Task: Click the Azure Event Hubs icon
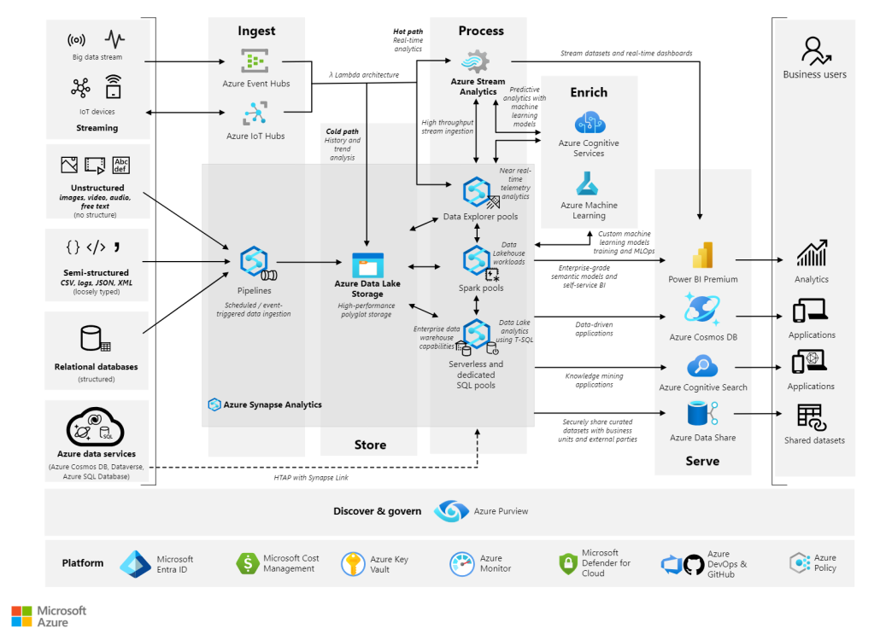(x=255, y=61)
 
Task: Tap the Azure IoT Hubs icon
(x=255, y=113)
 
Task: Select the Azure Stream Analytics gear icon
(x=476, y=61)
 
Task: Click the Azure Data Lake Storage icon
(x=367, y=265)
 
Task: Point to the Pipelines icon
(x=257, y=262)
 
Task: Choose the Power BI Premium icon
(x=702, y=255)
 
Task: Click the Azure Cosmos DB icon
(x=701, y=310)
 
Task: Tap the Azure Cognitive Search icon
(x=702, y=366)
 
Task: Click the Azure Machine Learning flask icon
(x=587, y=183)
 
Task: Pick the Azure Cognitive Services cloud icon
(x=590, y=122)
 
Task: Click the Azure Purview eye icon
(x=451, y=511)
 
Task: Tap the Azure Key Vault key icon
(x=353, y=564)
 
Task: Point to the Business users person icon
(x=815, y=51)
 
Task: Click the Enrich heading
(x=589, y=92)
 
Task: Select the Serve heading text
(x=702, y=461)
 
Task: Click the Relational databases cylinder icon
(x=95, y=339)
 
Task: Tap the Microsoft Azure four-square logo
(x=22, y=616)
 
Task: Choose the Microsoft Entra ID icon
(x=135, y=564)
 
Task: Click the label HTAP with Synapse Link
(x=311, y=478)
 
